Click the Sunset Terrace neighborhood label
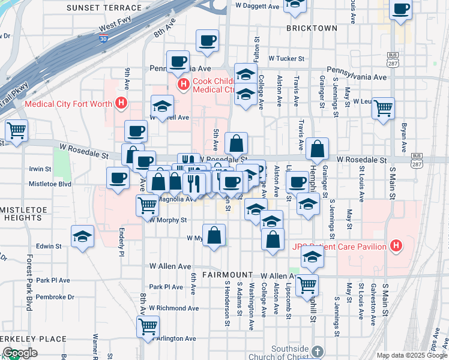105,8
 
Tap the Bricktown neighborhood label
312,28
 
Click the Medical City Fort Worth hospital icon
122,103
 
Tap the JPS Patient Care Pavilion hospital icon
395,245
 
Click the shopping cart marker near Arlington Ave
148,326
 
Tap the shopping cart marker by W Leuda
383,108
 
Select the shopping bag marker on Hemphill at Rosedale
317,148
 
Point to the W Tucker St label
287,59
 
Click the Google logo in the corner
20,352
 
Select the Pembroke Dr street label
55,296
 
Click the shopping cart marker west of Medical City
16,129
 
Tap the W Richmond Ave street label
173,308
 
